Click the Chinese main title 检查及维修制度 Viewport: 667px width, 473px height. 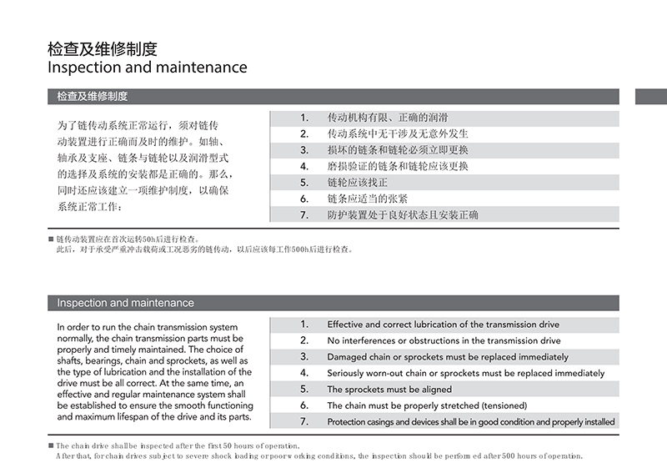tap(103, 48)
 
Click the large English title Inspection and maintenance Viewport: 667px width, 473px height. tap(148, 67)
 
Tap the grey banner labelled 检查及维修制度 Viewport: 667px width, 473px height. tap(333, 96)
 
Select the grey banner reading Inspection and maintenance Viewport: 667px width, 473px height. tap(333, 303)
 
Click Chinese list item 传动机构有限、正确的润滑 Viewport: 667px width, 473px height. tap(388, 118)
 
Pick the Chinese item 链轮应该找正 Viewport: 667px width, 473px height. tap(358, 183)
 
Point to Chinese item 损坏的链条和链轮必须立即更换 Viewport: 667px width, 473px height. tap(398, 150)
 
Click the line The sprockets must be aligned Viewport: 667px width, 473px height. tap(389, 390)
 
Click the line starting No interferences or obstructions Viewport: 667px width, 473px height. tap(444, 340)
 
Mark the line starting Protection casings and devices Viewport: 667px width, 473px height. tap(471, 422)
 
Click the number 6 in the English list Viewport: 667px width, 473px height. tap(304, 405)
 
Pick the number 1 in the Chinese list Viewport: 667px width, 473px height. tap(304, 118)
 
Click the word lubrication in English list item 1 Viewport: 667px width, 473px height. tap(446, 325)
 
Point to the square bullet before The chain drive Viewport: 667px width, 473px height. tap(51, 446)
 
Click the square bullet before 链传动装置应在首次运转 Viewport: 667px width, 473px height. tap(51, 239)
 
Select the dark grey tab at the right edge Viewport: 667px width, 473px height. tap(651, 96)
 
